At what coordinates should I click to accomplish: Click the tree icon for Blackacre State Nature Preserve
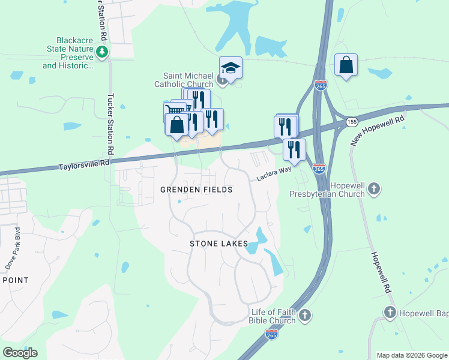103,53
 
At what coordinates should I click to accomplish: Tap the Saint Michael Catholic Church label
188,80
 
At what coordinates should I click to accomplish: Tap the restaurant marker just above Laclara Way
294,149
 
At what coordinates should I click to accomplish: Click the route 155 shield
352,122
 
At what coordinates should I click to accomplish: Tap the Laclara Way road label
274,175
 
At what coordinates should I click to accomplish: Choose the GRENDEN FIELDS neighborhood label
196,190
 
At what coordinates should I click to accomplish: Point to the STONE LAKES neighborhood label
218,244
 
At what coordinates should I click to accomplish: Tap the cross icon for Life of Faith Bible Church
305,314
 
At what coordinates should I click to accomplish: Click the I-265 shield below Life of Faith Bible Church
272,334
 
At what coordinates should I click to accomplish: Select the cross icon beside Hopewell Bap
390,312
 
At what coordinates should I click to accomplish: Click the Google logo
20,353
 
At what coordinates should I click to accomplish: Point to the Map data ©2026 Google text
411,355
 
